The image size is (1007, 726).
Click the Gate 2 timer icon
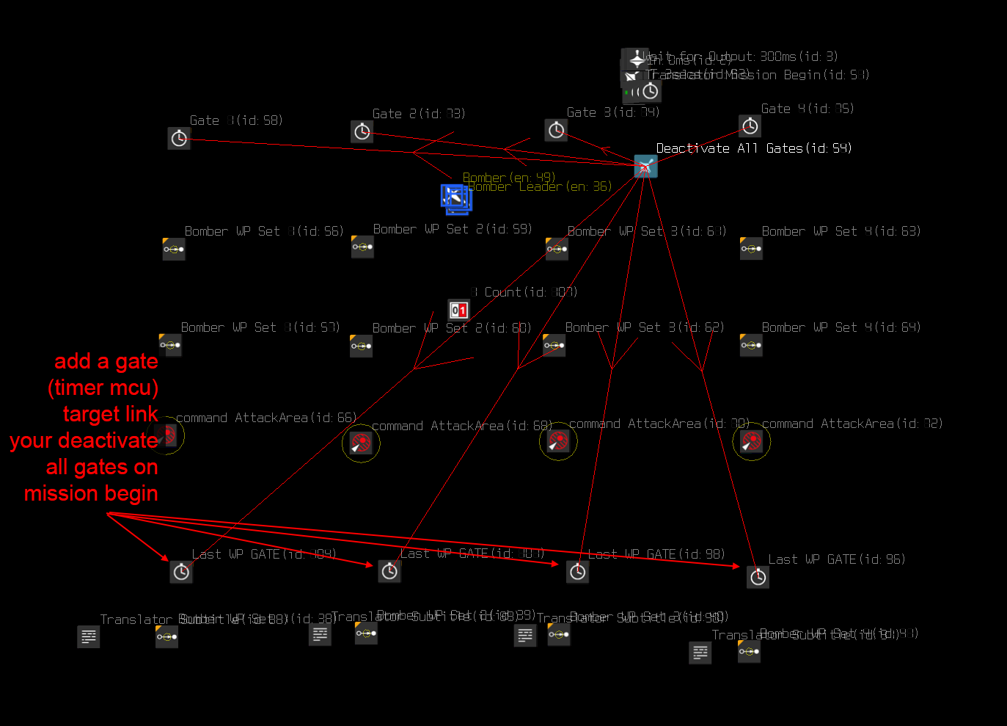coord(362,132)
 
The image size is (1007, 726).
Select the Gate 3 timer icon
coord(557,131)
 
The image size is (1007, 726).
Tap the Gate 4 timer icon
coord(750,126)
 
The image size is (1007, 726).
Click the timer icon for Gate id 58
coord(179,138)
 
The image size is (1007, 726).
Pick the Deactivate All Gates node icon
coord(645,167)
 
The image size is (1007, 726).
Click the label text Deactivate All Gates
coord(753,148)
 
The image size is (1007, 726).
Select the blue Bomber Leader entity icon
coord(455,198)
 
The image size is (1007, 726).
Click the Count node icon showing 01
coord(458,310)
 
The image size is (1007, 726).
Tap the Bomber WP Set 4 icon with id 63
coord(751,249)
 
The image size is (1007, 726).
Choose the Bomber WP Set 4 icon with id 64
coord(751,345)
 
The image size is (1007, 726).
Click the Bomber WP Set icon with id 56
coord(174,250)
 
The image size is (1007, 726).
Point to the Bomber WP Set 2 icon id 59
coord(362,247)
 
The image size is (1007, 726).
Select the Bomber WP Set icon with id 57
coord(170,345)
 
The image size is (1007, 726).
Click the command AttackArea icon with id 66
coord(166,435)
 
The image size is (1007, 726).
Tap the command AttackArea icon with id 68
coord(361,443)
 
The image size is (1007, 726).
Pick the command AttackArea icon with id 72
coord(752,441)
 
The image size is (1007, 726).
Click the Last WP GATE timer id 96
coord(758,577)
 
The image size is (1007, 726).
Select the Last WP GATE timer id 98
coord(578,572)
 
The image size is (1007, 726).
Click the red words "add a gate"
coord(106,361)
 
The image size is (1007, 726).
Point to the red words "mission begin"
coord(91,493)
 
